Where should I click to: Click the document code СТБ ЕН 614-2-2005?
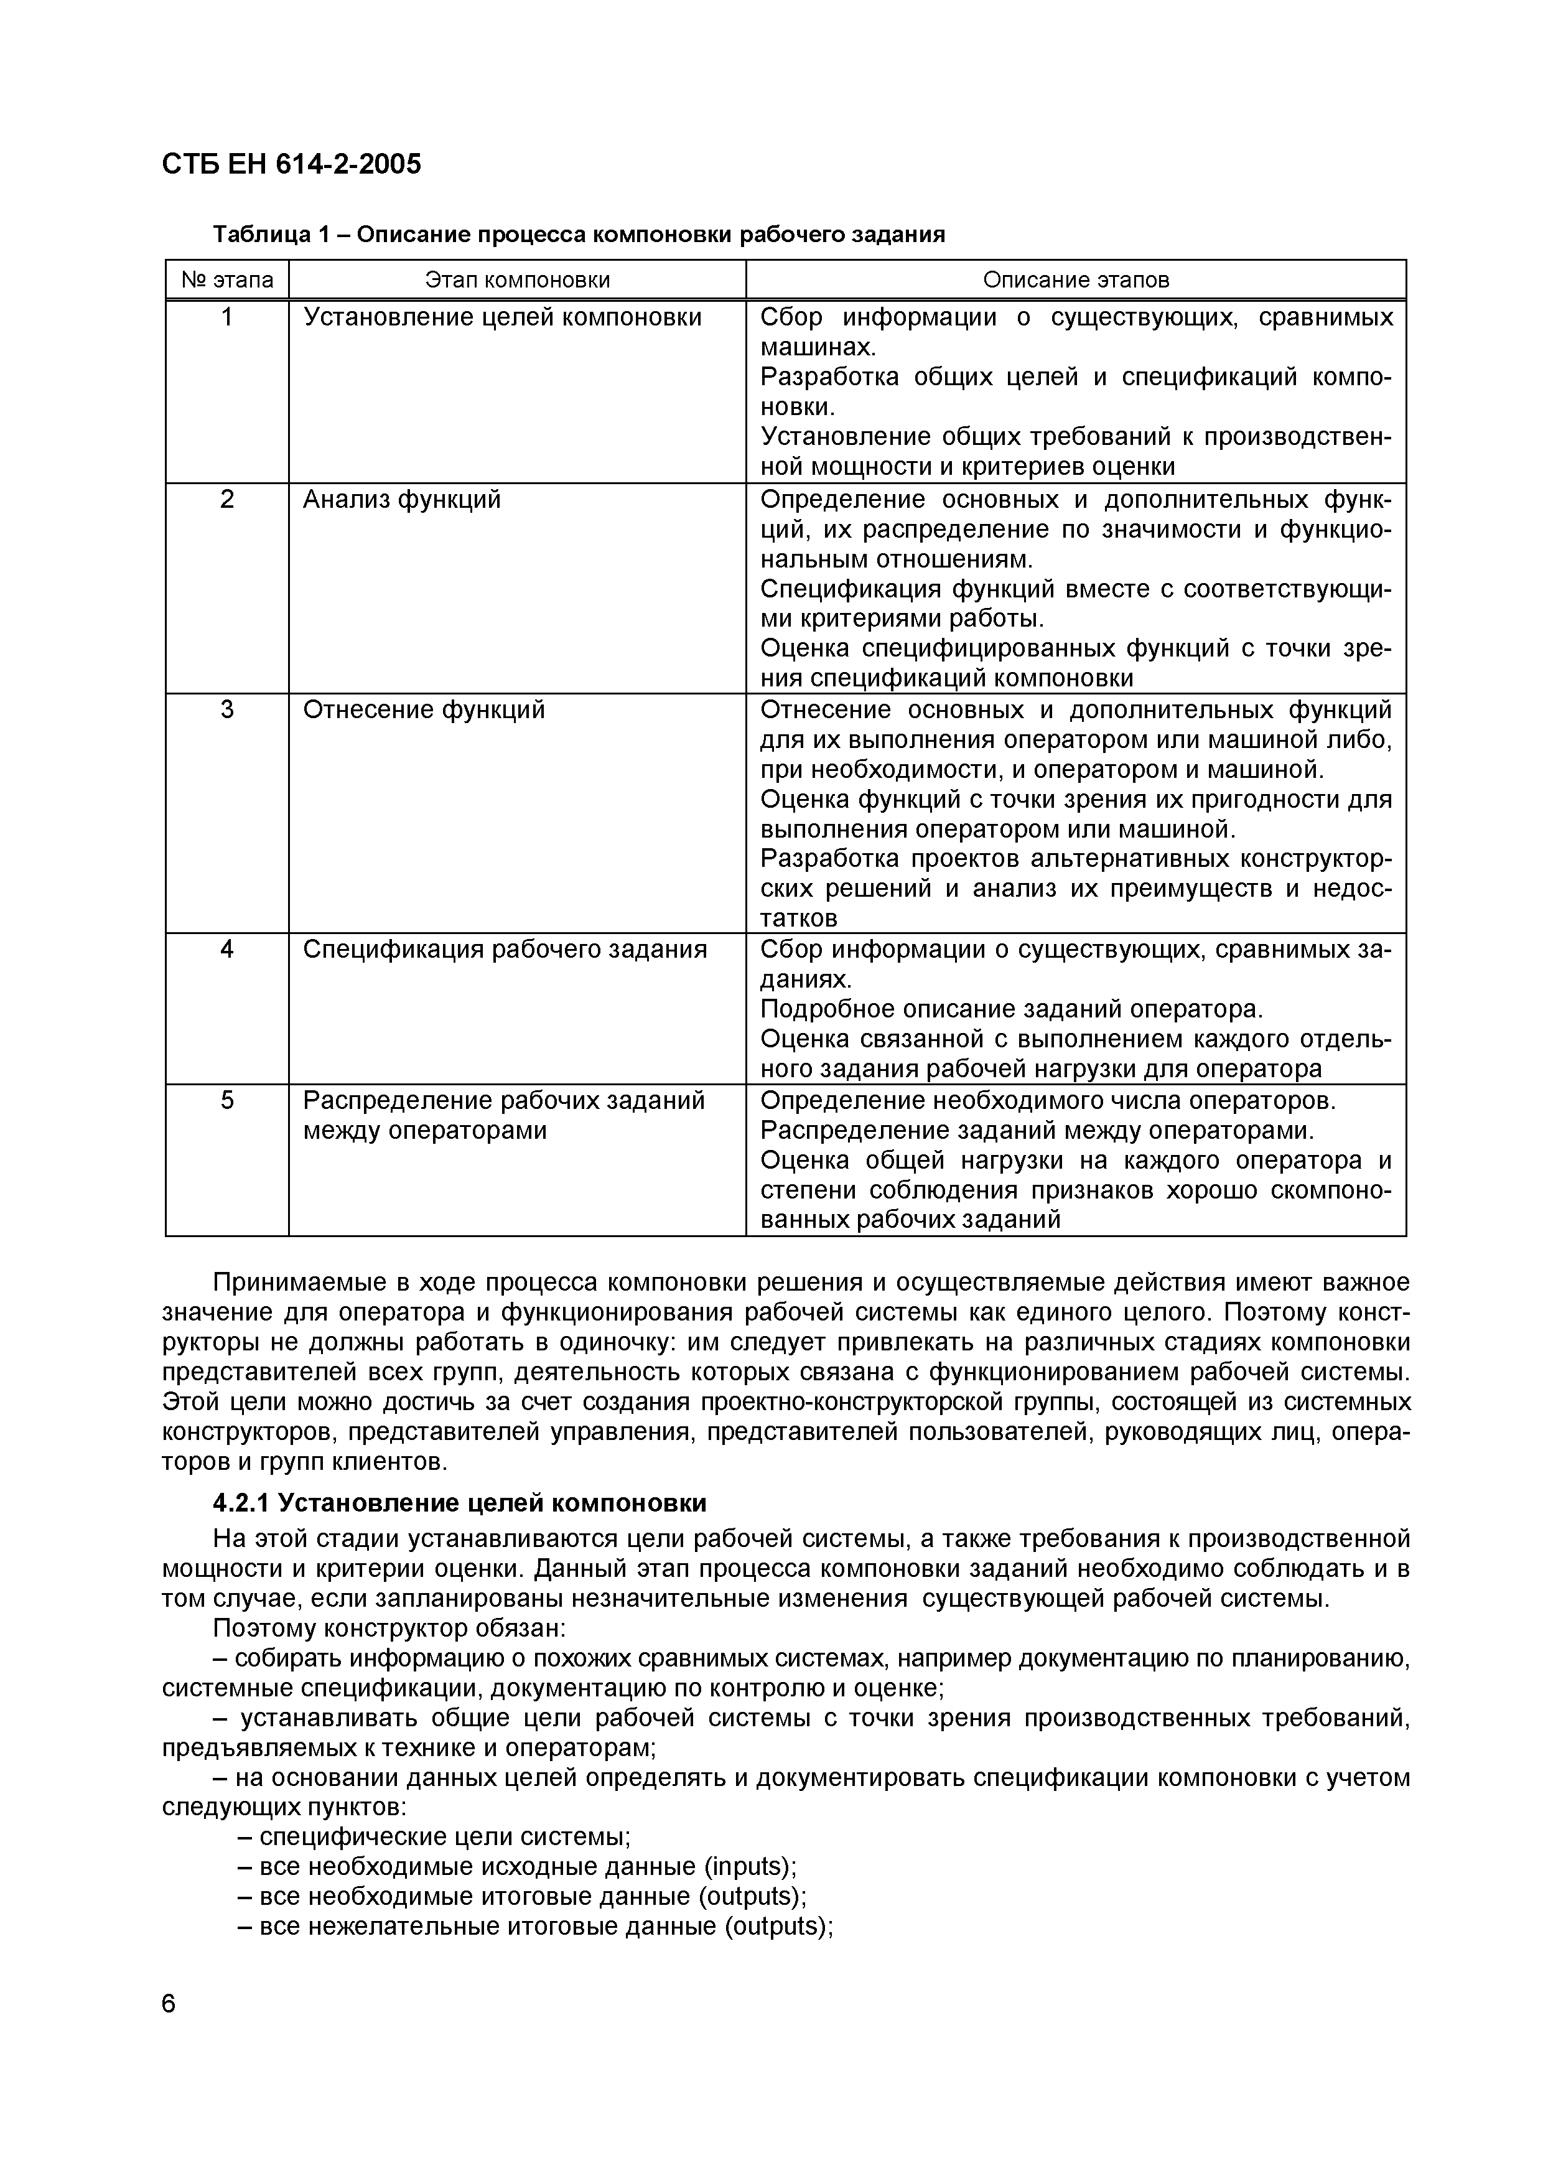point(291,164)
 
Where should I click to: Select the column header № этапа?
point(227,279)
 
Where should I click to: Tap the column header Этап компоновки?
point(517,279)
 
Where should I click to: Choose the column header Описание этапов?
point(1075,279)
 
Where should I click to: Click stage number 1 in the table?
point(227,317)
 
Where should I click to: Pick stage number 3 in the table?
point(227,710)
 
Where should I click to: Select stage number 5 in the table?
point(227,1100)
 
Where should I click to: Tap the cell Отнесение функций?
point(424,710)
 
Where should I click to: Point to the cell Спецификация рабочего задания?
point(505,950)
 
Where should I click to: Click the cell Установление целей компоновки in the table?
point(502,317)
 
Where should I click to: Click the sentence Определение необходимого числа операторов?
point(1048,1100)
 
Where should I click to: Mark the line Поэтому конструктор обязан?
point(389,1629)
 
